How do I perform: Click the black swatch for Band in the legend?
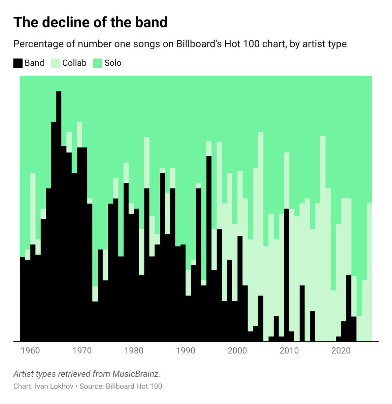tap(18, 63)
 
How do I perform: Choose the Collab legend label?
tap(74, 63)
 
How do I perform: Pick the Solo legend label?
tap(113, 63)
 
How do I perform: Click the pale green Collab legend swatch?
tap(56, 63)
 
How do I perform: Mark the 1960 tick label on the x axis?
tap(30, 351)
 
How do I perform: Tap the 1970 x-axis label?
tap(82, 351)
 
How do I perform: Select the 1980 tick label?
tap(134, 351)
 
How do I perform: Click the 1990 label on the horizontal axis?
tap(186, 351)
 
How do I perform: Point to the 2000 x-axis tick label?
tap(237, 351)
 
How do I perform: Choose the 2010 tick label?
tap(289, 351)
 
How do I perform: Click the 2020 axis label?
tap(341, 351)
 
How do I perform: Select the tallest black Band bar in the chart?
tap(59, 215)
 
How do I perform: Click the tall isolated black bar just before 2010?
tap(287, 274)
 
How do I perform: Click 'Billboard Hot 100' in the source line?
tap(134, 386)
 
